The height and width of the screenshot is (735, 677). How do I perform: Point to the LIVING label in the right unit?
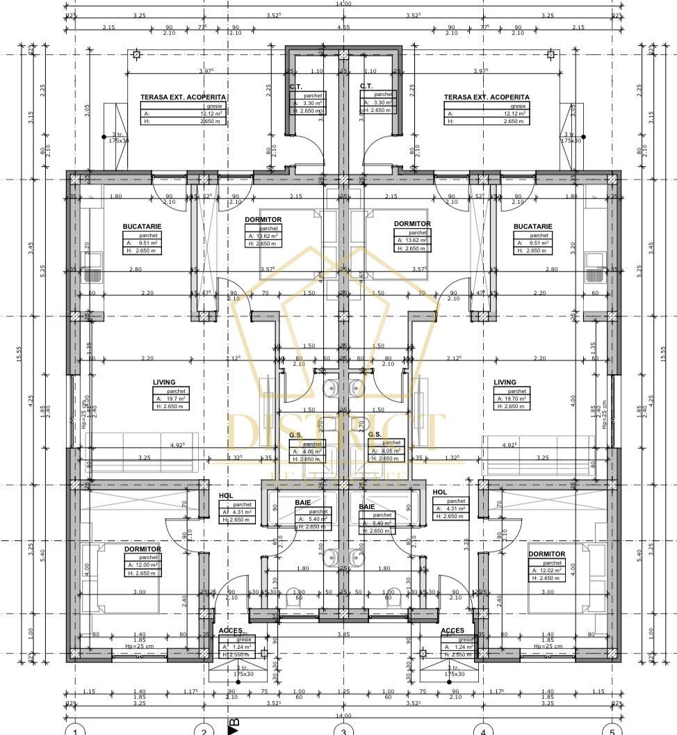[505, 382]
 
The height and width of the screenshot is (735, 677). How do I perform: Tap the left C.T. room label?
[295, 86]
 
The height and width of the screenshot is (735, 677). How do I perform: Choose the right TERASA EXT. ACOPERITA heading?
[487, 97]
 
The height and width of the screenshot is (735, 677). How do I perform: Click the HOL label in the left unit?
[225, 496]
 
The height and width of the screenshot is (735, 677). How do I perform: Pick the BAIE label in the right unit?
[366, 507]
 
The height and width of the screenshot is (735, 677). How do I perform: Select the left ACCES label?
[230, 631]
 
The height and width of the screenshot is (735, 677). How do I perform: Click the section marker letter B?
[234, 725]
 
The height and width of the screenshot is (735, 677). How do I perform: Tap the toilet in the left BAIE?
[293, 597]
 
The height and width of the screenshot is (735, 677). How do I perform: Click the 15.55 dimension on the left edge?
[19, 354]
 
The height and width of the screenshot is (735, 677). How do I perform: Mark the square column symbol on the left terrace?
[136, 54]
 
